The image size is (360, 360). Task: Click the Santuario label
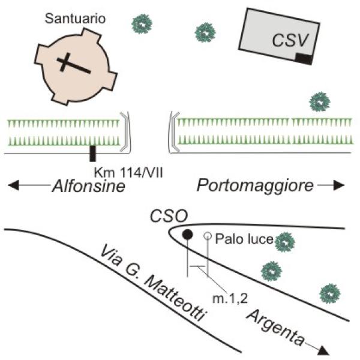tap(74, 19)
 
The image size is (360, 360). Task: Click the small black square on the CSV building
tap(304, 59)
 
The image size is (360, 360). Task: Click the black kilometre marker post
tap(92, 154)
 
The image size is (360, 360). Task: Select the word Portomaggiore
tap(255, 186)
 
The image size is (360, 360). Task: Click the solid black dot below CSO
tap(188, 234)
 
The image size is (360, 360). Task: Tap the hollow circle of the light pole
tap(207, 236)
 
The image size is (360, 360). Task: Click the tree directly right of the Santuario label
tap(142, 23)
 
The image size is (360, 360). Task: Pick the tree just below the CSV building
tap(319, 102)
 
